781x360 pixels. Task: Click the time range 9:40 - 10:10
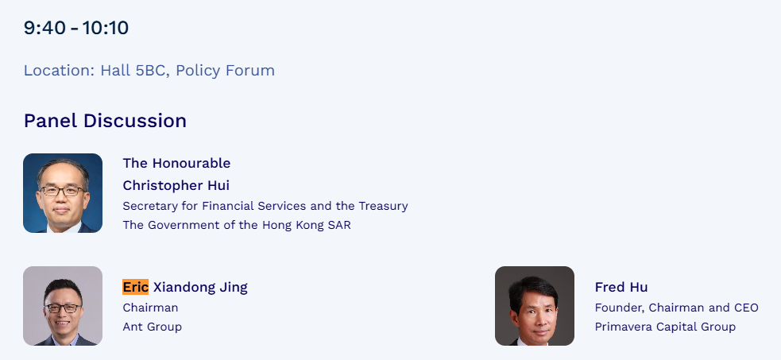(x=76, y=28)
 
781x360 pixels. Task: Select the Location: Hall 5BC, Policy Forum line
(x=149, y=71)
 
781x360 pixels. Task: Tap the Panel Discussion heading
(x=105, y=121)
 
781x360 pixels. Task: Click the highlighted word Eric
(x=136, y=288)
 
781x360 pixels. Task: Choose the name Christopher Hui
(x=176, y=186)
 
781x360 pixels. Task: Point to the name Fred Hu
(x=621, y=288)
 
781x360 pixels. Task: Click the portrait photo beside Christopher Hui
(x=63, y=193)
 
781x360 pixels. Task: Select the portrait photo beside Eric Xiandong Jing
(x=63, y=306)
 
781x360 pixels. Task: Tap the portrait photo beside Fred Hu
(x=535, y=306)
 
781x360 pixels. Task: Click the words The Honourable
(x=177, y=164)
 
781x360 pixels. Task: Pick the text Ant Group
(x=153, y=327)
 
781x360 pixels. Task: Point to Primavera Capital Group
(x=665, y=327)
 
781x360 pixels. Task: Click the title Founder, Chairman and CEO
(x=676, y=308)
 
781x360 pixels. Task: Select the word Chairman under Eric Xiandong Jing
(x=150, y=308)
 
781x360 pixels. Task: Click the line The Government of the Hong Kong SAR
(x=237, y=225)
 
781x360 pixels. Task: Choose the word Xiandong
(x=184, y=288)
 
